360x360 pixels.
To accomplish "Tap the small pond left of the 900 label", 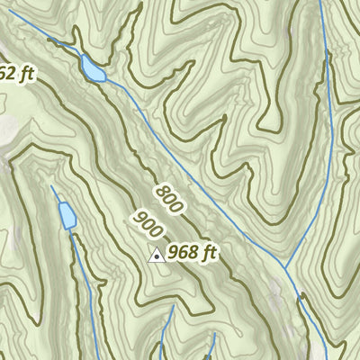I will [x=67, y=215].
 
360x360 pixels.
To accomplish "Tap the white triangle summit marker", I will [x=156, y=256].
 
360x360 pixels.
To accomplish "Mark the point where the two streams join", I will [x=284, y=268].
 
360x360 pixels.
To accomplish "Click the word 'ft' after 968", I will [x=211, y=254].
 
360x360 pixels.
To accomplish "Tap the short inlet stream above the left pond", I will [x=56, y=193].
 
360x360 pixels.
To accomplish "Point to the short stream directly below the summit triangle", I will [x=165, y=333].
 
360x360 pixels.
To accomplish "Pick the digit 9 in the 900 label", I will [x=137, y=216].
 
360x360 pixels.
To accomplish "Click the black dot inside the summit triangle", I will [x=156, y=257].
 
